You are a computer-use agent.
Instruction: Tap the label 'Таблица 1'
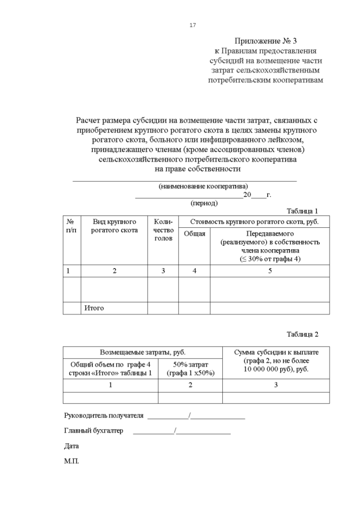(x=302, y=211)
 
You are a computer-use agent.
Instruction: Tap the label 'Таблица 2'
(x=302, y=334)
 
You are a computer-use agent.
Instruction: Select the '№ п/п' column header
(x=71, y=226)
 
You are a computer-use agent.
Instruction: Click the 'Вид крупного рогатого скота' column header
(x=115, y=226)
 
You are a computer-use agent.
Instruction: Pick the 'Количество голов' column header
(x=163, y=230)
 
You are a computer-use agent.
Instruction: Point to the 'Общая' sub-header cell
(x=195, y=234)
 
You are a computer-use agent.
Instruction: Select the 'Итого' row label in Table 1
(x=94, y=308)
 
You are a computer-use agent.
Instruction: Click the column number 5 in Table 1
(x=270, y=271)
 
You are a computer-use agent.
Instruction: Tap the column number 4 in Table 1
(x=195, y=271)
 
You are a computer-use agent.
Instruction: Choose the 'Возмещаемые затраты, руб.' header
(x=143, y=352)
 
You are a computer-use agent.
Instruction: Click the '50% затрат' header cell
(x=191, y=369)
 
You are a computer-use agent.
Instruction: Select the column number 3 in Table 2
(x=276, y=385)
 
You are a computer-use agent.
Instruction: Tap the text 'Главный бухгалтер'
(x=94, y=431)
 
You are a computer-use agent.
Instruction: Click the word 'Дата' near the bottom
(x=71, y=446)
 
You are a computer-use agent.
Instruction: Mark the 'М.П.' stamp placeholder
(x=71, y=461)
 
